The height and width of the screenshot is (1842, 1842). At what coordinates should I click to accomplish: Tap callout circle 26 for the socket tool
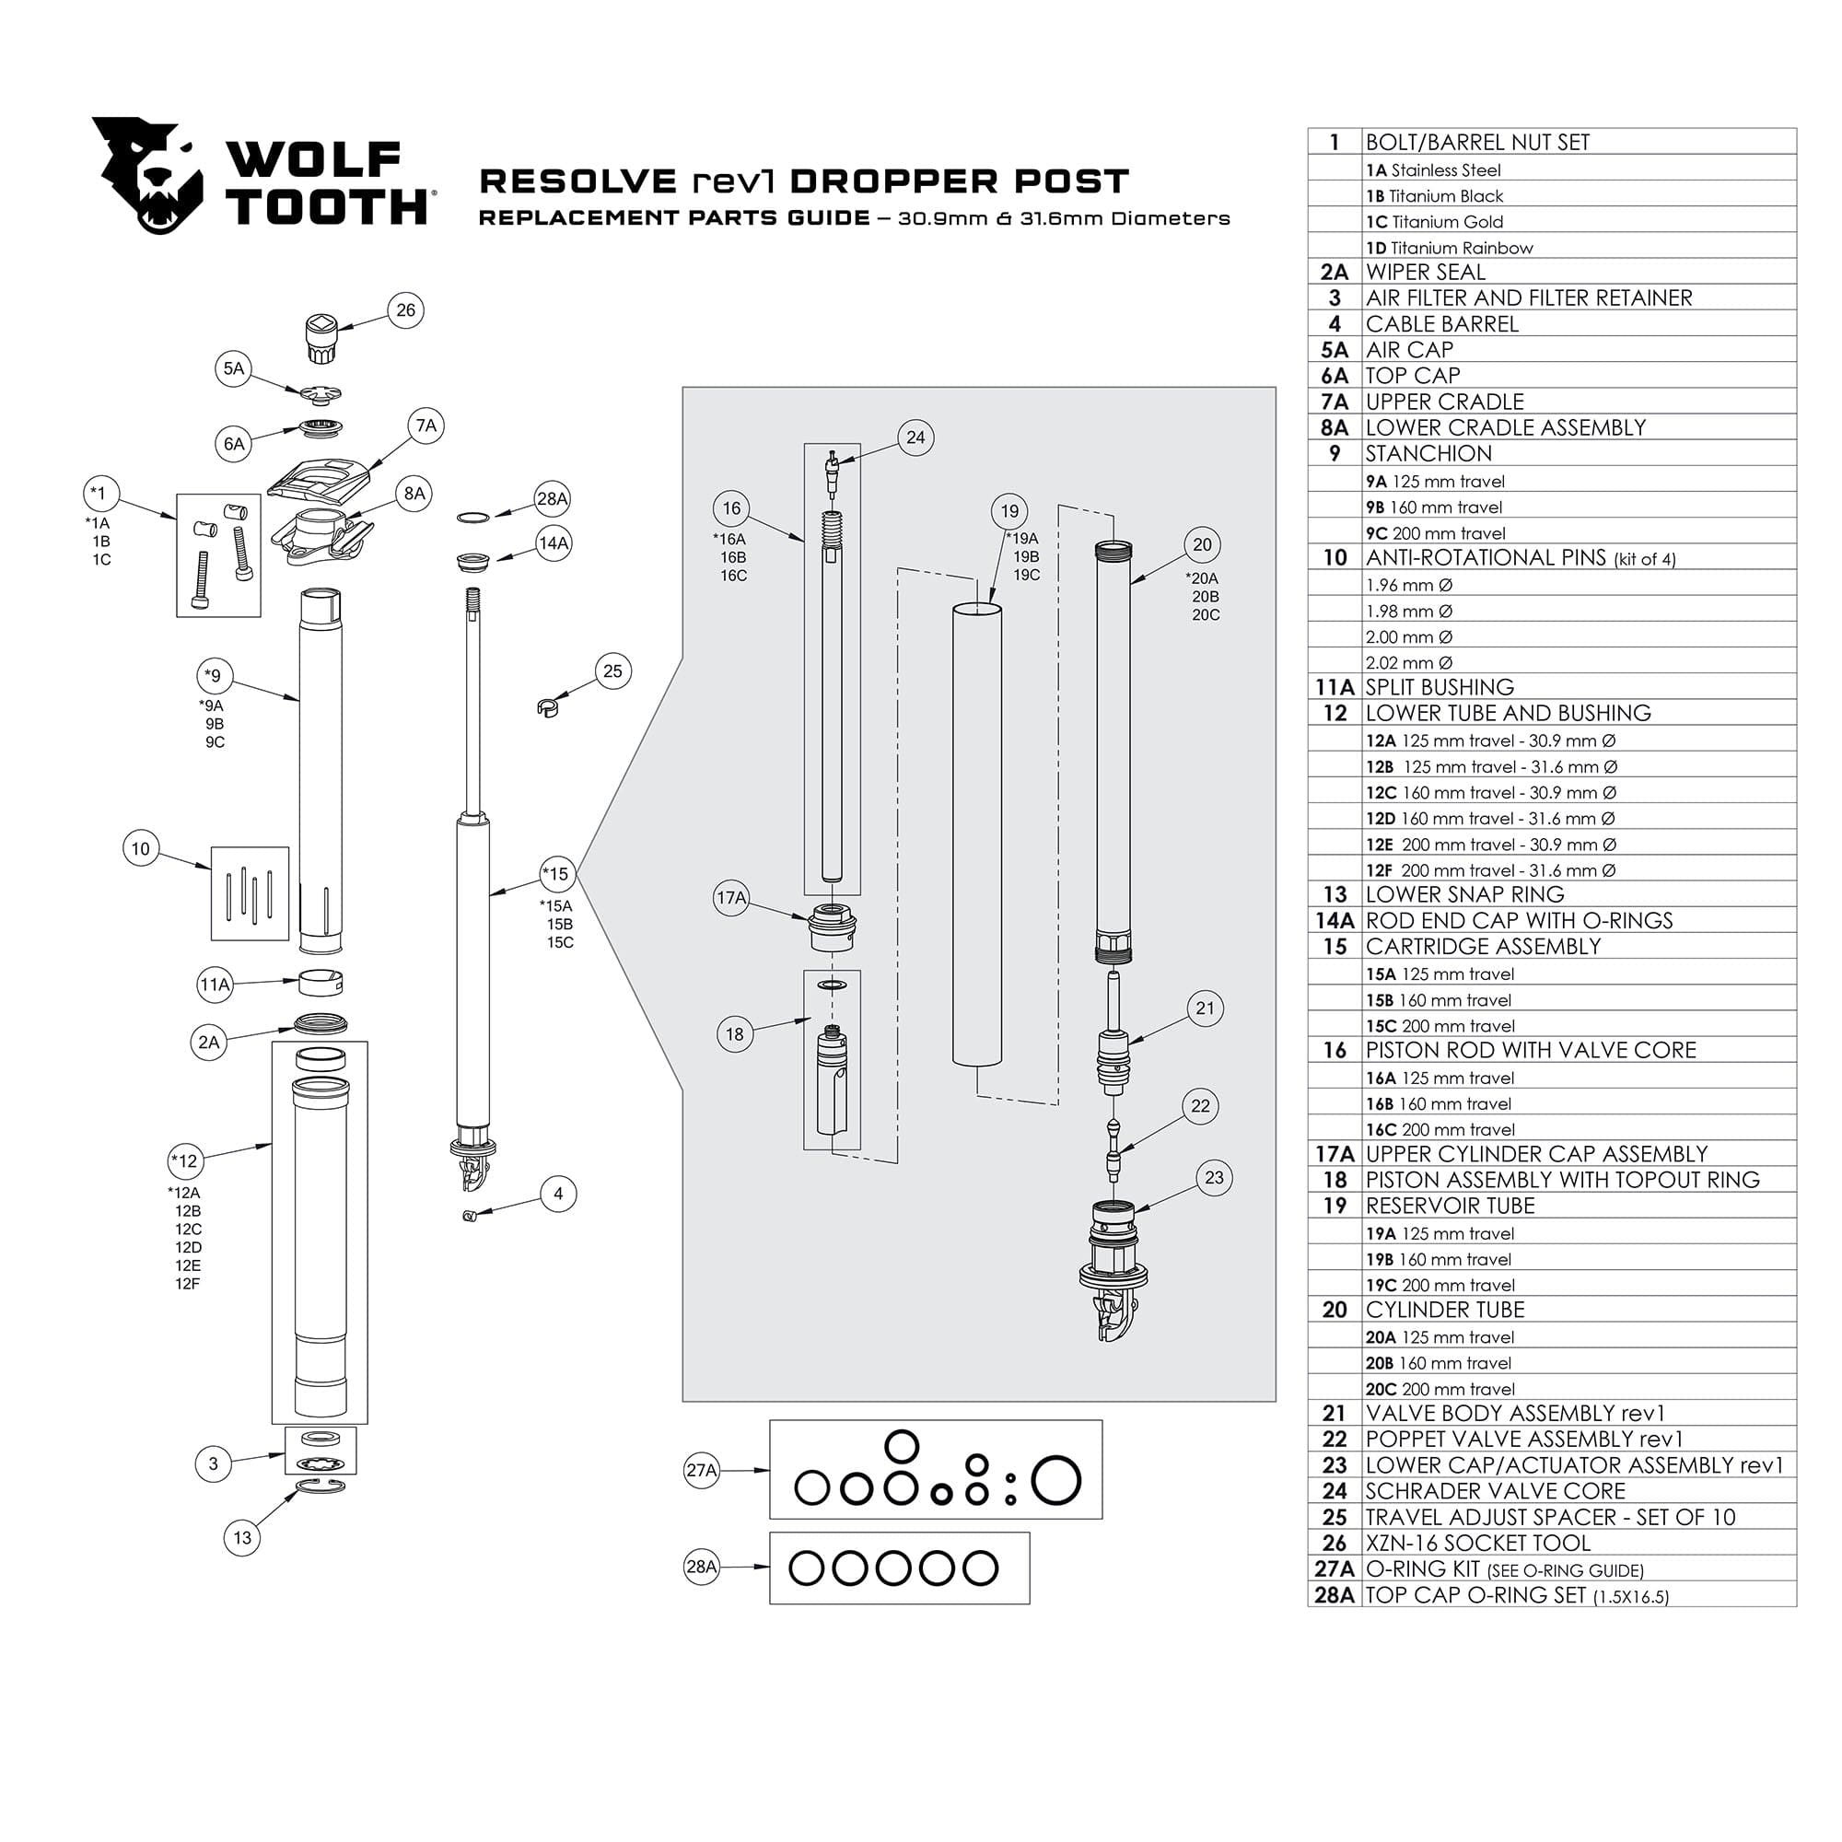coord(406,309)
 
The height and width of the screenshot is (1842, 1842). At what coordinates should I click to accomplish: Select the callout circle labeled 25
coord(612,671)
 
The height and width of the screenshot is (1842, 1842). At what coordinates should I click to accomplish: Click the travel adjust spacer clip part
coord(546,707)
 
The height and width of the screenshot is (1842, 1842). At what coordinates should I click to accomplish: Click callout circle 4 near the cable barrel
coord(558,1194)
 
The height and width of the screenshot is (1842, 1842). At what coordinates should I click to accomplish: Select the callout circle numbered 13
coord(242,1537)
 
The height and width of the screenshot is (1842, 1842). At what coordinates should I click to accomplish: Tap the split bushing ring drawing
coord(322,983)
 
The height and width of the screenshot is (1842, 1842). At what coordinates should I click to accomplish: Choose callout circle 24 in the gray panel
coord(915,437)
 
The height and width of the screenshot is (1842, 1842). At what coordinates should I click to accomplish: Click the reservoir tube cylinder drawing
coord(977,834)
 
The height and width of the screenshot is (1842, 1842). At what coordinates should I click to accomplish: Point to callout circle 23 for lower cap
coord(1214,1177)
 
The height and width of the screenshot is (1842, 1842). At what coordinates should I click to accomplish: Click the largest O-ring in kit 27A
coord(1056,1481)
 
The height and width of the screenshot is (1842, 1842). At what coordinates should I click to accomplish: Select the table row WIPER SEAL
coord(1426,273)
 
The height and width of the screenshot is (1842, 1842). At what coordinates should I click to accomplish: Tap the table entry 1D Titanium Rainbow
coord(1449,248)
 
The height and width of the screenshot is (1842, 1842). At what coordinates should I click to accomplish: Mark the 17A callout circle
coord(731,898)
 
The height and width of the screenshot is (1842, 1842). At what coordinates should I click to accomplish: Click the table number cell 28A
coord(1334,1595)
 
